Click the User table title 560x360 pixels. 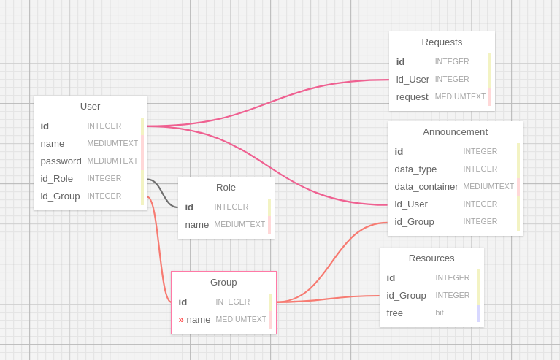pyautogui.click(x=90, y=106)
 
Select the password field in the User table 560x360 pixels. pyautogui.click(x=61, y=161)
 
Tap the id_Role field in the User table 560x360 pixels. pyautogui.click(x=56, y=178)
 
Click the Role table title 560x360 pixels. pyautogui.click(x=226, y=187)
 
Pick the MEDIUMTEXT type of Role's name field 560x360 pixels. pyautogui.click(x=239, y=224)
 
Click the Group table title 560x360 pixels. pyautogui.click(x=223, y=282)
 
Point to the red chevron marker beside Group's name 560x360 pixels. pyautogui.click(x=181, y=319)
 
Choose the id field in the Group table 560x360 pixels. pyautogui.click(x=183, y=302)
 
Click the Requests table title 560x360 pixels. pyautogui.click(x=442, y=42)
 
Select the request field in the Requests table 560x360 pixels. pyautogui.click(x=412, y=96)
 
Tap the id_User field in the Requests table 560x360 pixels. pyautogui.click(x=413, y=79)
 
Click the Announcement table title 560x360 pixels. pyautogui.click(x=455, y=131)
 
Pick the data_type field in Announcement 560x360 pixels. pyautogui.click(x=415, y=169)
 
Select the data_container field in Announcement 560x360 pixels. pyautogui.click(x=426, y=186)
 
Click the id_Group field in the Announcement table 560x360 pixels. pyautogui.click(x=414, y=221)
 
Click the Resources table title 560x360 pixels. pyautogui.click(x=431, y=258)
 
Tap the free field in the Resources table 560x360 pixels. pyautogui.click(x=394, y=313)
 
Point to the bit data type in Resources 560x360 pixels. pyautogui.click(x=440, y=313)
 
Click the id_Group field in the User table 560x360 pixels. pyautogui.click(x=60, y=196)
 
